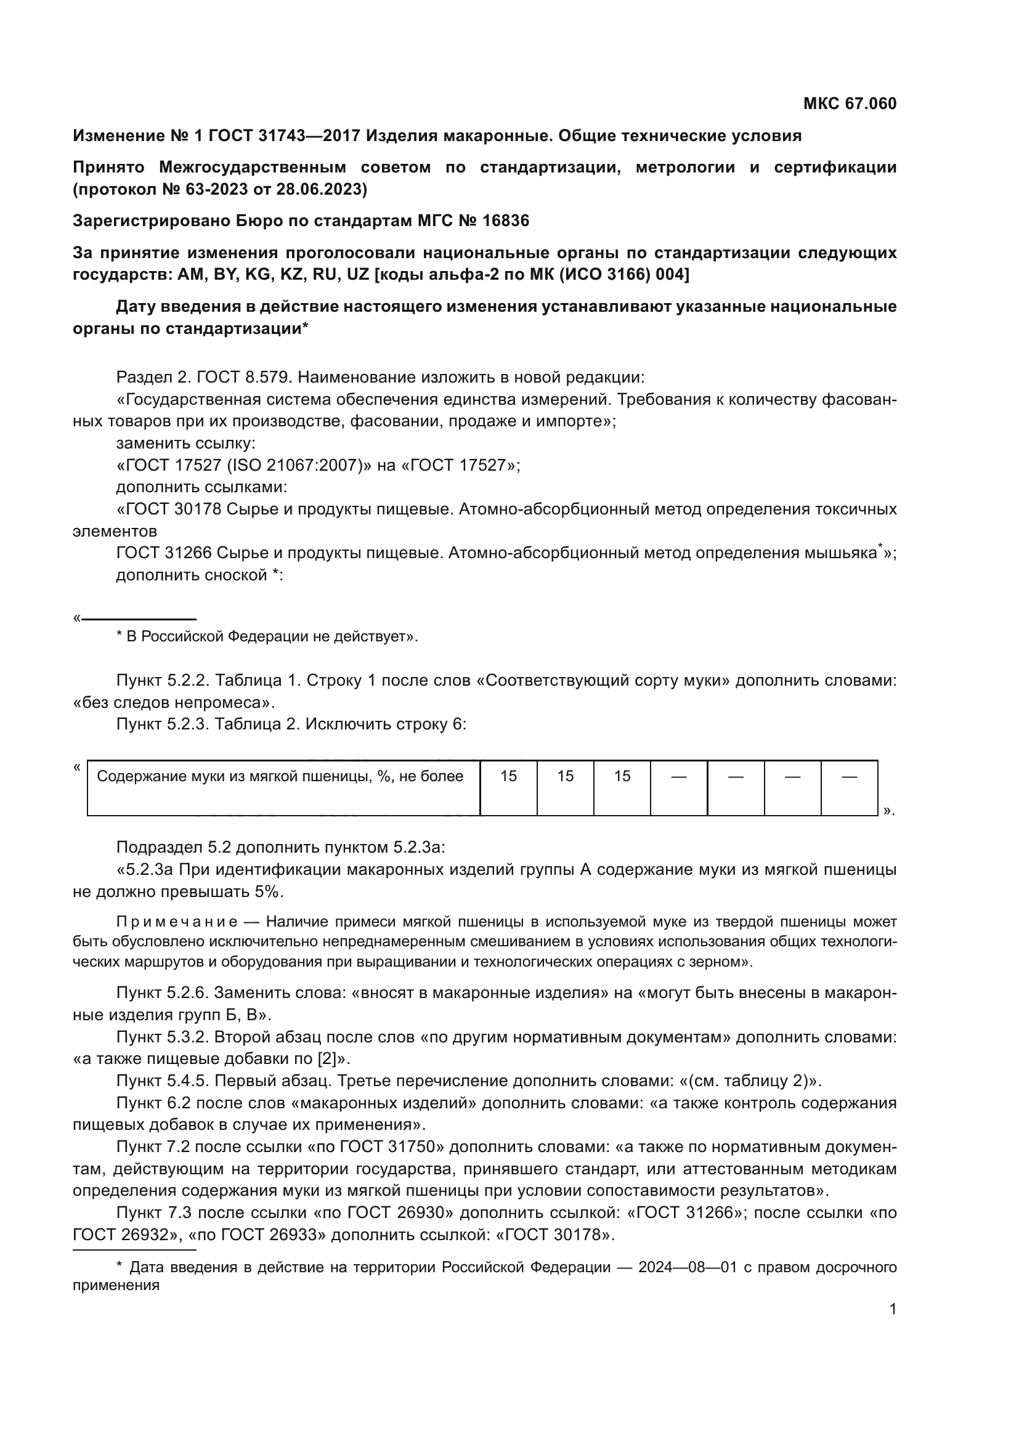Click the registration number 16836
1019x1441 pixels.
click(x=505, y=221)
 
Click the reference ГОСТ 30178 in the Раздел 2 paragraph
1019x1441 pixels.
click(x=174, y=509)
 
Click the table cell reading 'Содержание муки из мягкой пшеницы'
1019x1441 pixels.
click(x=280, y=776)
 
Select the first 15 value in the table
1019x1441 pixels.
click(x=508, y=776)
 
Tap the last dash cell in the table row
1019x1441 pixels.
click(x=849, y=777)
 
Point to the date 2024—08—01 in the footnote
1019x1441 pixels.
click(x=687, y=1267)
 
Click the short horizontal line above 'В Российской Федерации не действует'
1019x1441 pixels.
click(x=139, y=619)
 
